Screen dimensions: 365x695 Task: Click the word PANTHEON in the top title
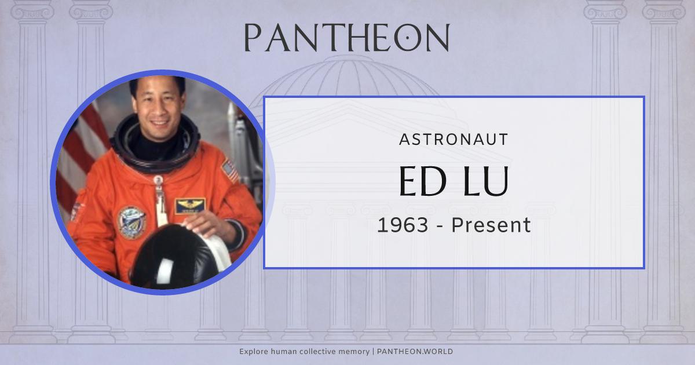click(x=346, y=38)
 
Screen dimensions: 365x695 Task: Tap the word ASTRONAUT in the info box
click(x=453, y=140)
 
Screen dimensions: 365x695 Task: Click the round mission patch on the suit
click(x=132, y=221)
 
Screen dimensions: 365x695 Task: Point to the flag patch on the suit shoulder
click(x=230, y=170)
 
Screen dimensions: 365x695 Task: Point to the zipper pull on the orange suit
click(x=158, y=184)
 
